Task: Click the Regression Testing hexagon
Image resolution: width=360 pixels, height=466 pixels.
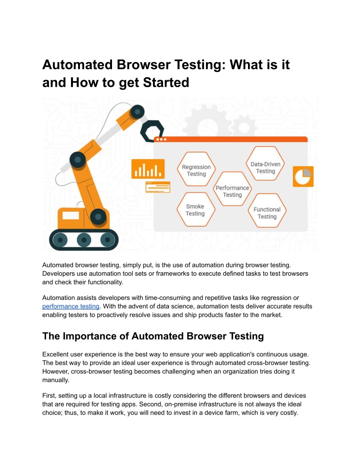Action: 196,169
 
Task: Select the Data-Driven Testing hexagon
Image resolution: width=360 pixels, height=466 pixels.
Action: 265,164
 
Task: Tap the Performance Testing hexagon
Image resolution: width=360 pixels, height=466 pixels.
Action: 232,189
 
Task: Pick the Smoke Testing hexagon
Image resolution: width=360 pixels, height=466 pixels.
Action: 195,209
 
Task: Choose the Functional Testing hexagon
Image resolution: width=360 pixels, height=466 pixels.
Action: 267,210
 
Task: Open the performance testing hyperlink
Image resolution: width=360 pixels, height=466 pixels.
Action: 70,306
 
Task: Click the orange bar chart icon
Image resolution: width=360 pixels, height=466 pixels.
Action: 148,169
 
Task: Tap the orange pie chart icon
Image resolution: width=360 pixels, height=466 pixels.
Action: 303,177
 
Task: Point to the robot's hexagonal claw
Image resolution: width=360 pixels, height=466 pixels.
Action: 151,131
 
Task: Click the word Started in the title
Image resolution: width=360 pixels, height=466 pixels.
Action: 166,82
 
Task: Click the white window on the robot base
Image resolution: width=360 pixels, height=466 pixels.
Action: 70,215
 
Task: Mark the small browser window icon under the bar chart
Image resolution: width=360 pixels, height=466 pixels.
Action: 157,187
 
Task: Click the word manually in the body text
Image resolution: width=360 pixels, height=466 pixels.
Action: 55,380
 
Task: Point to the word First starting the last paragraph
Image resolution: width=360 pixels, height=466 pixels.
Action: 49,395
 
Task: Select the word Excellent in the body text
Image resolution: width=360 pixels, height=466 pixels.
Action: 55,354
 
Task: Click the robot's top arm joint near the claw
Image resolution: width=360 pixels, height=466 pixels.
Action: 137,112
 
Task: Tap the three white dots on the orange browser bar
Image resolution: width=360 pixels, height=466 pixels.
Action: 161,139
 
